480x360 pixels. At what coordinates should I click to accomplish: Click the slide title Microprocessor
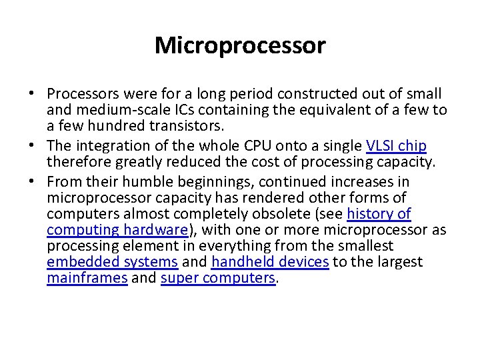tap(240, 45)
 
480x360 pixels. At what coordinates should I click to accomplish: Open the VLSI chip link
tap(397, 146)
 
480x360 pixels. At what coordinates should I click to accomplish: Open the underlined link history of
tap(379, 214)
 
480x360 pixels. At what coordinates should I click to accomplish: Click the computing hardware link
tap(117, 230)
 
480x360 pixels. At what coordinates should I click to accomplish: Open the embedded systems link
tap(112, 262)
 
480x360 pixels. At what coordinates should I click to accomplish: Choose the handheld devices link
tap(270, 262)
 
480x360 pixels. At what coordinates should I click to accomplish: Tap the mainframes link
tap(87, 278)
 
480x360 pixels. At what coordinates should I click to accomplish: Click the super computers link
tap(218, 278)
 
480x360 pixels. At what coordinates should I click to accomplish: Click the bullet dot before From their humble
tap(32, 182)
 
